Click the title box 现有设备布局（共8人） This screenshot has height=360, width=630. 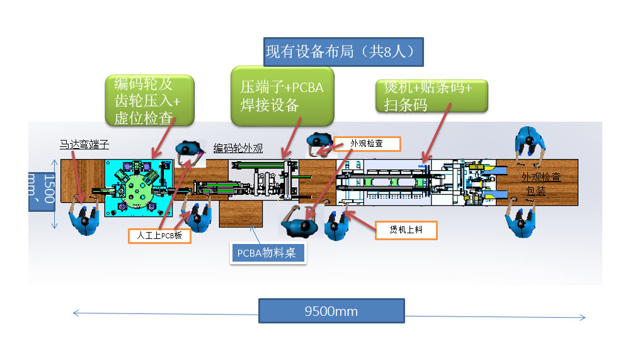click(x=343, y=52)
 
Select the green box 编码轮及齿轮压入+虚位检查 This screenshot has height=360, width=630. click(x=149, y=101)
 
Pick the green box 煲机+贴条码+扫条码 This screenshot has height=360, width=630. click(x=432, y=96)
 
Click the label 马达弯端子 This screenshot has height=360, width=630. click(x=84, y=144)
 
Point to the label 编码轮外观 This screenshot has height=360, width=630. click(x=238, y=149)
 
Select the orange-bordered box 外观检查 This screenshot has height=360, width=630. click(x=367, y=144)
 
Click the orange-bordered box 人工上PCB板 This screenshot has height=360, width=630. click(x=159, y=236)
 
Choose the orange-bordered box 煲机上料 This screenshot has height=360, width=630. click(x=406, y=230)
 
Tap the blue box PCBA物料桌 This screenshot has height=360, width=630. click(x=268, y=253)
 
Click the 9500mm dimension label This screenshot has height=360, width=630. click(x=331, y=311)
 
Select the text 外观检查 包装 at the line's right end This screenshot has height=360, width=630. click(x=541, y=183)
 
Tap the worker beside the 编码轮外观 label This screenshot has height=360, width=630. click(x=190, y=151)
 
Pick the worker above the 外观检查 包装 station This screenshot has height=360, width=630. click(x=529, y=144)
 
